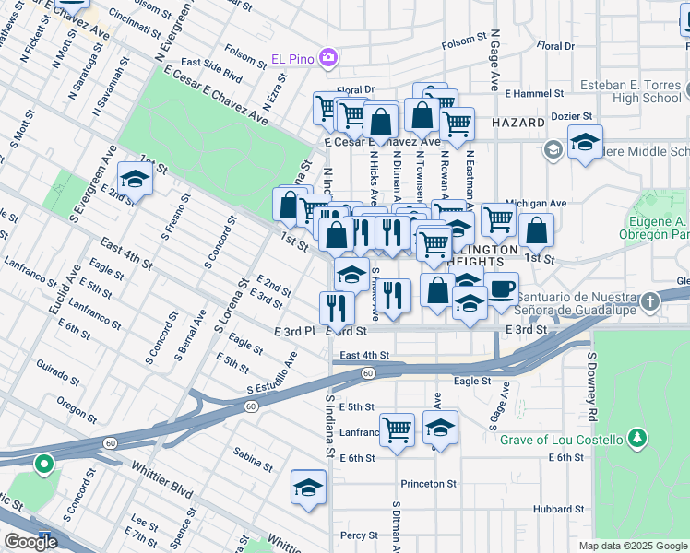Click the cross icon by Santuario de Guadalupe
pos(652,300)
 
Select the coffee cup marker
pos(501,289)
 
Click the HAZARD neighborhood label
pos(519,122)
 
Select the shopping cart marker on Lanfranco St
pos(397,429)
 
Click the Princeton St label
pos(428,483)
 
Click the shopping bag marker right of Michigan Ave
pos(536,230)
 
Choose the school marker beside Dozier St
pos(585,142)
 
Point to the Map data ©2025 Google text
pos(632,546)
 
